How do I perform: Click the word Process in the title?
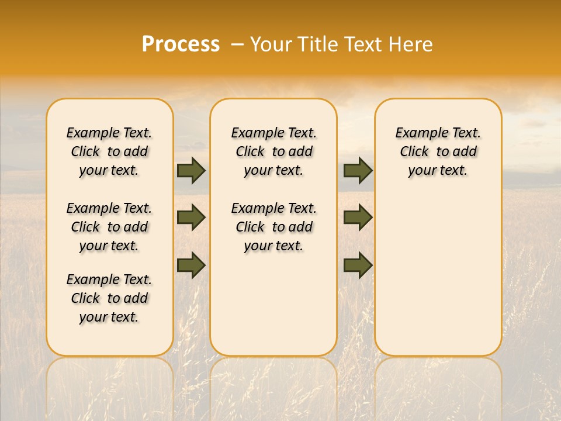181,44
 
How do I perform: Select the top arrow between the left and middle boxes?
191,170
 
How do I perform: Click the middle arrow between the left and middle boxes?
191,218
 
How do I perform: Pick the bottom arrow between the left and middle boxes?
191,265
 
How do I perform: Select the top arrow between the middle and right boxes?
358,170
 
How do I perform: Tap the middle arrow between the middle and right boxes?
358,218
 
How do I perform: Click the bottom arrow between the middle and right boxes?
358,265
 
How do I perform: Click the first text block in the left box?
109,151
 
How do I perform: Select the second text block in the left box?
109,227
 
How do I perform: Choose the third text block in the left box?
109,298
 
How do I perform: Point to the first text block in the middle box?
274,151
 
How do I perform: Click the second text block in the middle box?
274,227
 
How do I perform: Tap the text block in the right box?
438,151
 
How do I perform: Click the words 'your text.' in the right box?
438,170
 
